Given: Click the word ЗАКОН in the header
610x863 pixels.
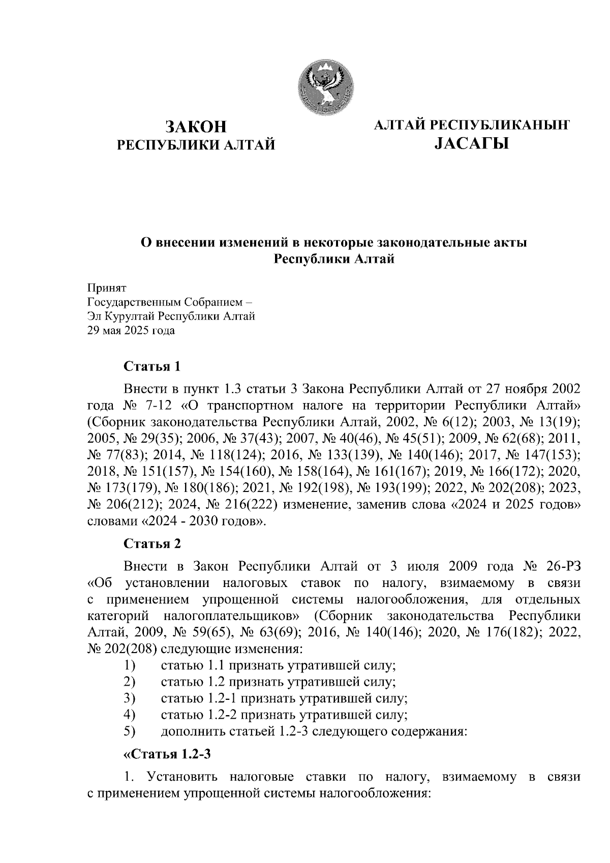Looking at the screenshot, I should click(196, 127).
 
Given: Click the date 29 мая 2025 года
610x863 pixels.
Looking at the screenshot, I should click(131, 331).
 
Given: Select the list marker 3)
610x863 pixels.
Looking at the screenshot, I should click(130, 698).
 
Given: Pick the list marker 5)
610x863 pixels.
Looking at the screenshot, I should click(130, 731).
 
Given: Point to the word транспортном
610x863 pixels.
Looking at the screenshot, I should click(247, 406).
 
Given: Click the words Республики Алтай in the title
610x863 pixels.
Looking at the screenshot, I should click(334, 259).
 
